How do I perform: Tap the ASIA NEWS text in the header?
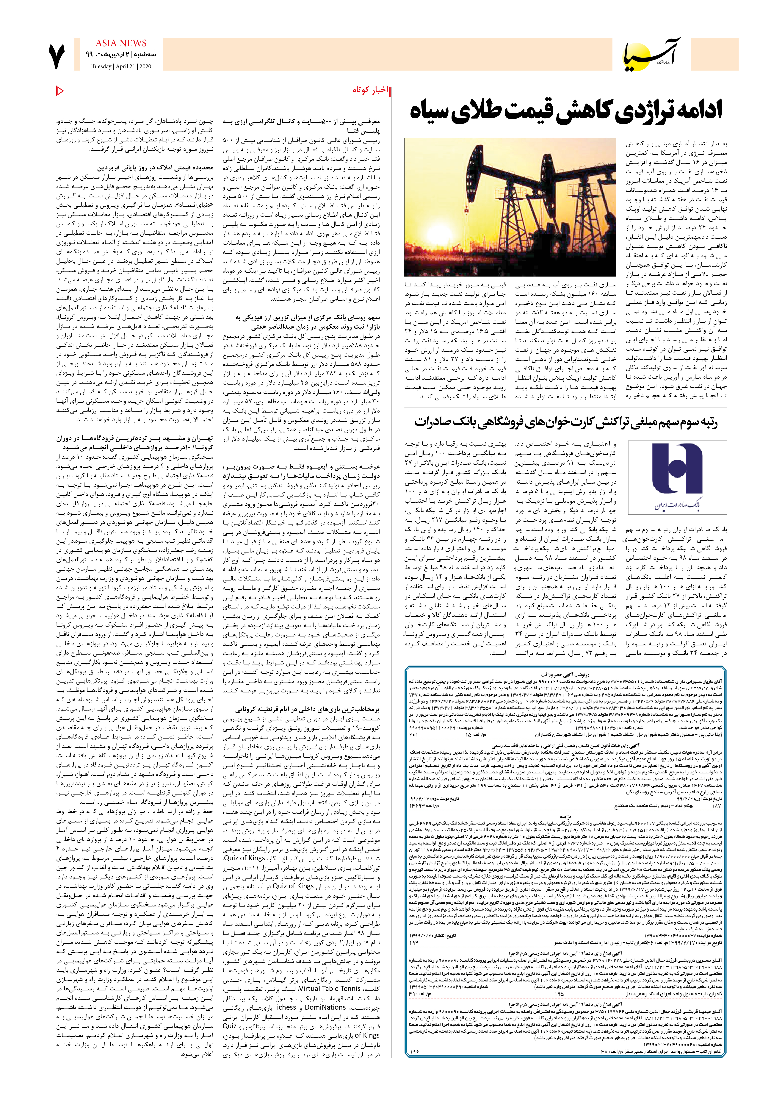coord(121,43)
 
